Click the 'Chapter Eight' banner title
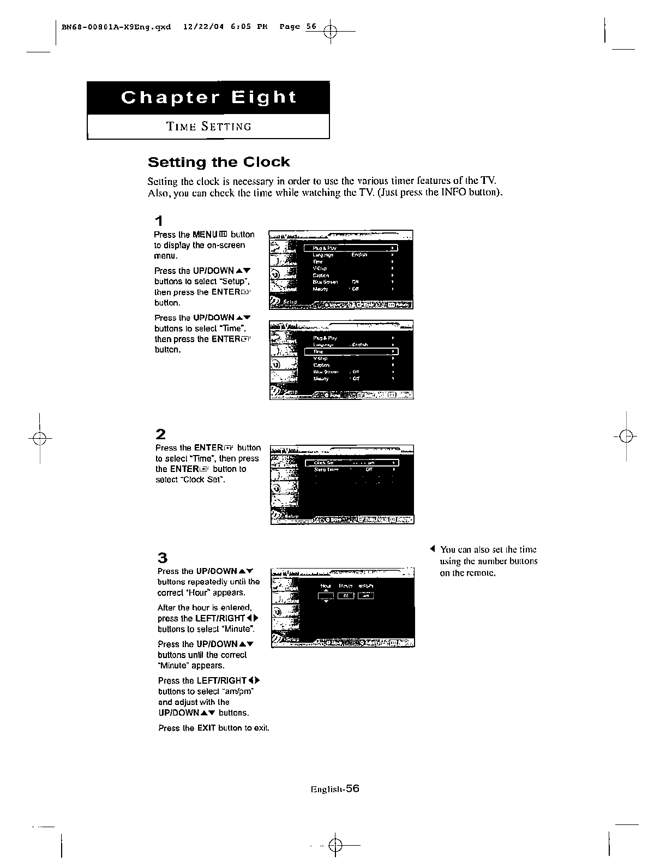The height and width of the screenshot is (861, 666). pyautogui.click(x=208, y=98)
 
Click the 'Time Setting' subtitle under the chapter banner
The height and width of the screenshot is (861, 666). pyautogui.click(x=209, y=127)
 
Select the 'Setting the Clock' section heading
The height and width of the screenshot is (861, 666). pyautogui.click(x=219, y=162)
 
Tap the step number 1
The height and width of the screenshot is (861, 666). pyautogui.click(x=158, y=221)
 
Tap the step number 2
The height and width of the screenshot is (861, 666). pyautogui.click(x=160, y=434)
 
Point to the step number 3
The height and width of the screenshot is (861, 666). pyautogui.click(x=162, y=558)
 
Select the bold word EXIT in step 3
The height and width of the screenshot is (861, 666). pyautogui.click(x=206, y=728)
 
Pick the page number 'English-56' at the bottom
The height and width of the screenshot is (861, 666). pyautogui.click(x=335, y=788)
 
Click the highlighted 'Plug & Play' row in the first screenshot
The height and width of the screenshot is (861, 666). pyautogui.click(x=351, y=248)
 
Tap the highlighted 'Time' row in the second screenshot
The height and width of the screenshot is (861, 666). pyautogui.click(x=351, y=351)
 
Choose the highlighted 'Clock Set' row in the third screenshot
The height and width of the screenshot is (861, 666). pyautogui.click(x=351, y=463)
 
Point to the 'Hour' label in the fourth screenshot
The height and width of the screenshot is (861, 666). pyautogui.click(x=326, y=586)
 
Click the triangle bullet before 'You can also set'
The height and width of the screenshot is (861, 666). pyautogui.click(x=432, y=549)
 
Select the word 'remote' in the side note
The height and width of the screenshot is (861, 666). pyautogui.click(x=481, y=573)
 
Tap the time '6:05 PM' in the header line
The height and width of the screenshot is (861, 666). pyautogui.click(x=249, y=26)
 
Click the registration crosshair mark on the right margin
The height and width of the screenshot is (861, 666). pyautogui.click(x=627, y=437)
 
